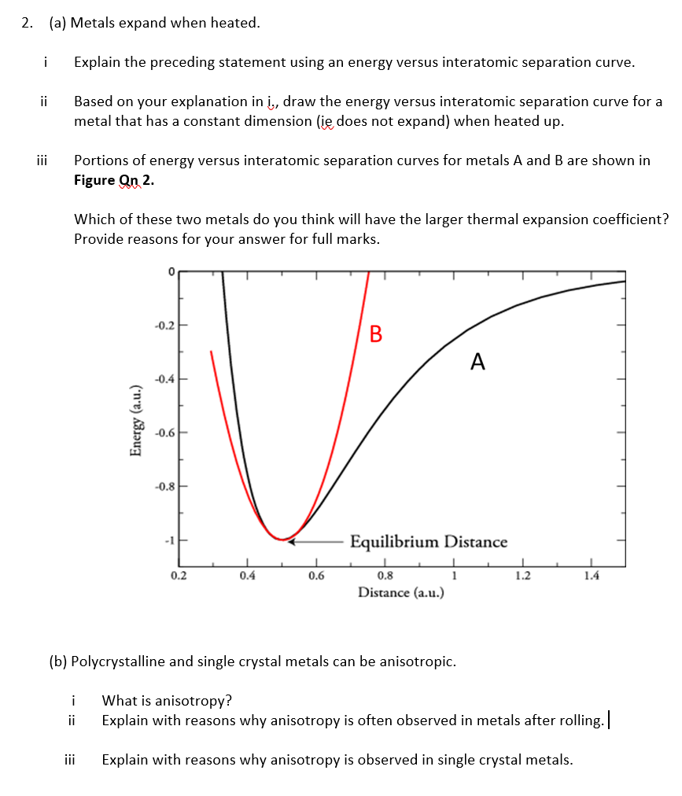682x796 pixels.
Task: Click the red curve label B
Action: coord(376,334)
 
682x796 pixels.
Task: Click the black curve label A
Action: coord(477,362)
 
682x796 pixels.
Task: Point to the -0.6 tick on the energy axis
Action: coord(165,433)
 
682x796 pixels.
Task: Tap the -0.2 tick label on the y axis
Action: coord(165,326)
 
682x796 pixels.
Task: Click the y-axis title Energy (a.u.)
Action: coord(137,421)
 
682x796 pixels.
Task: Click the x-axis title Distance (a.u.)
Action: coord(401,591)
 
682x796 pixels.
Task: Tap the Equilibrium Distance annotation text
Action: coord(429,542)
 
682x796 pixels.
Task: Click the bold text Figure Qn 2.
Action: coord(114,180)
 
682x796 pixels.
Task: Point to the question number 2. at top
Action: coord(28,23)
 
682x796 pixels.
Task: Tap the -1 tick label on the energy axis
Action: coord(168,540)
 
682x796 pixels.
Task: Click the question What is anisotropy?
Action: coord(167,701)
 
